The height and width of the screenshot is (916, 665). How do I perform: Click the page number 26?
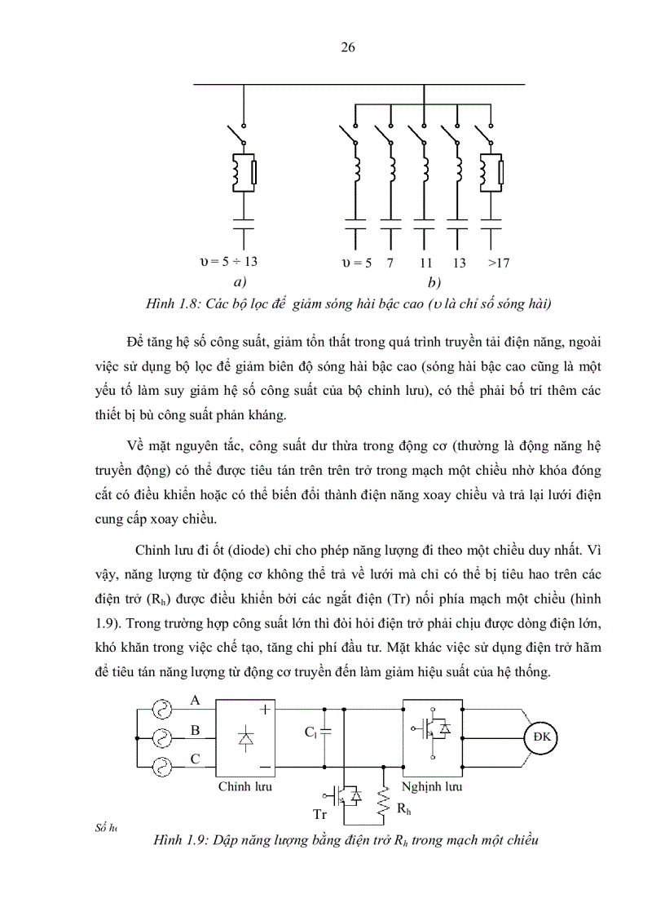(347, 47)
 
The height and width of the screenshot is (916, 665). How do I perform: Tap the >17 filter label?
(498, 263)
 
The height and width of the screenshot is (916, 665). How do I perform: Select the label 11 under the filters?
(425, 263)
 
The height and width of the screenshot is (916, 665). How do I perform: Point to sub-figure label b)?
(434, 283)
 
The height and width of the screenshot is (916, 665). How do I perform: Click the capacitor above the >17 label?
(491, 224)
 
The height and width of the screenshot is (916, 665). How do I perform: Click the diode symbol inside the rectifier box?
(244, 738)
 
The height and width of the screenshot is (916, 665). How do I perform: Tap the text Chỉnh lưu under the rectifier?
(244, 787)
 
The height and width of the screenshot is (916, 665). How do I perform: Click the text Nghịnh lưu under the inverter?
(432, 787)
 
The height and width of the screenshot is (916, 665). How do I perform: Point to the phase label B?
(195, 730)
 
